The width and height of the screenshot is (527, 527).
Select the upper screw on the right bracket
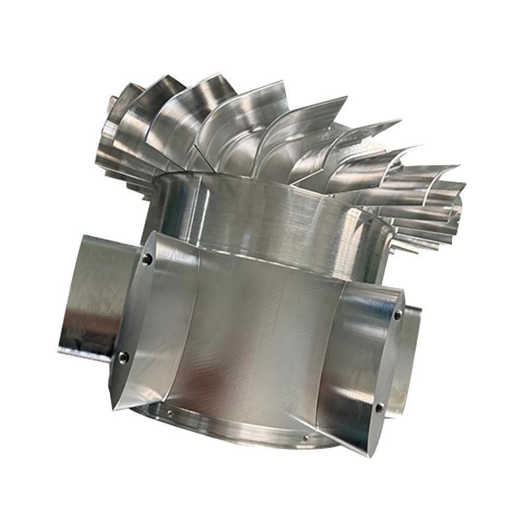tap(398, 316)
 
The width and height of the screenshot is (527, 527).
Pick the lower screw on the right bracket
tap(379, 408)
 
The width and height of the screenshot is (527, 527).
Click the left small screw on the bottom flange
tap(170, 414)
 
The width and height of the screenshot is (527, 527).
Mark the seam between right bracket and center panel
tap(329, 349)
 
